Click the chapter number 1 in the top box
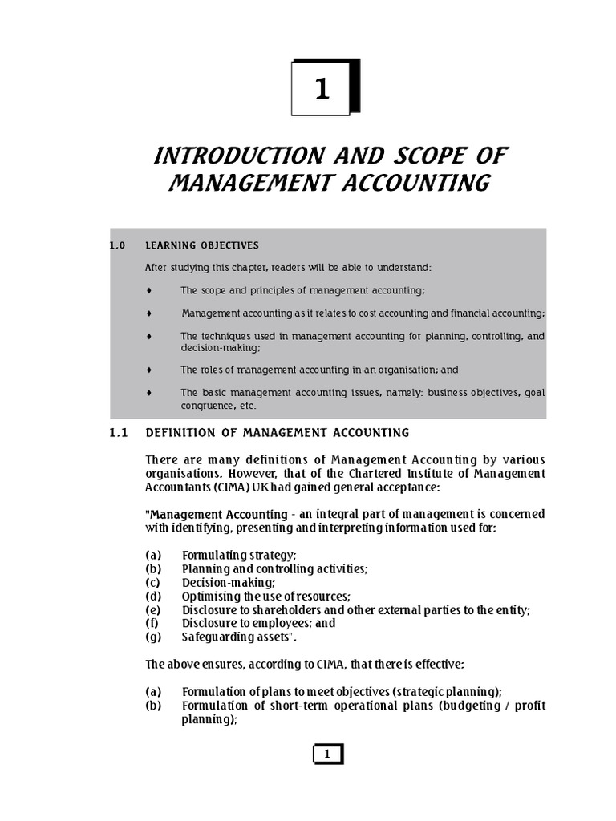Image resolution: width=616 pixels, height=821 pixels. pos(322,89)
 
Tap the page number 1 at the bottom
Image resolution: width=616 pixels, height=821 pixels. pos(326,754)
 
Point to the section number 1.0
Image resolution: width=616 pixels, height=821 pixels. pos(117,245)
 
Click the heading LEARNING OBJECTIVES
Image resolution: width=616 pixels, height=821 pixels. pos(201,245)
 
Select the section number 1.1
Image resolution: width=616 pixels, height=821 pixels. pos(118,433)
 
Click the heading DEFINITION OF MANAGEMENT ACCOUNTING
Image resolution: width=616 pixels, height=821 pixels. pos(277,433)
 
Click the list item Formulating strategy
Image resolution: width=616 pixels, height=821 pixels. pos(239,555)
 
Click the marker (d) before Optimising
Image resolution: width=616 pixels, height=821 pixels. pos(153,596)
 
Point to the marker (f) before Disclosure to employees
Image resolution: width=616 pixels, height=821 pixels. pos(152,623)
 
